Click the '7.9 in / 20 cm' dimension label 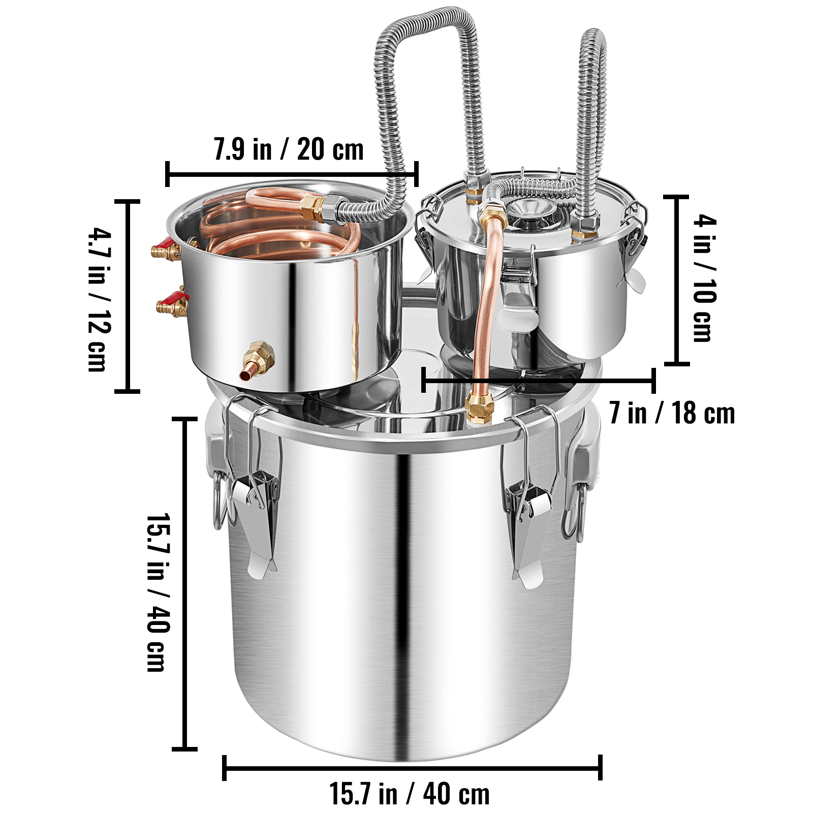(x=289, y=149)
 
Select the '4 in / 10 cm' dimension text (x=705, y=278)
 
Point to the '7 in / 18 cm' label (x=672, y=413)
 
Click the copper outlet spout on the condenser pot (x=257, y=361)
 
